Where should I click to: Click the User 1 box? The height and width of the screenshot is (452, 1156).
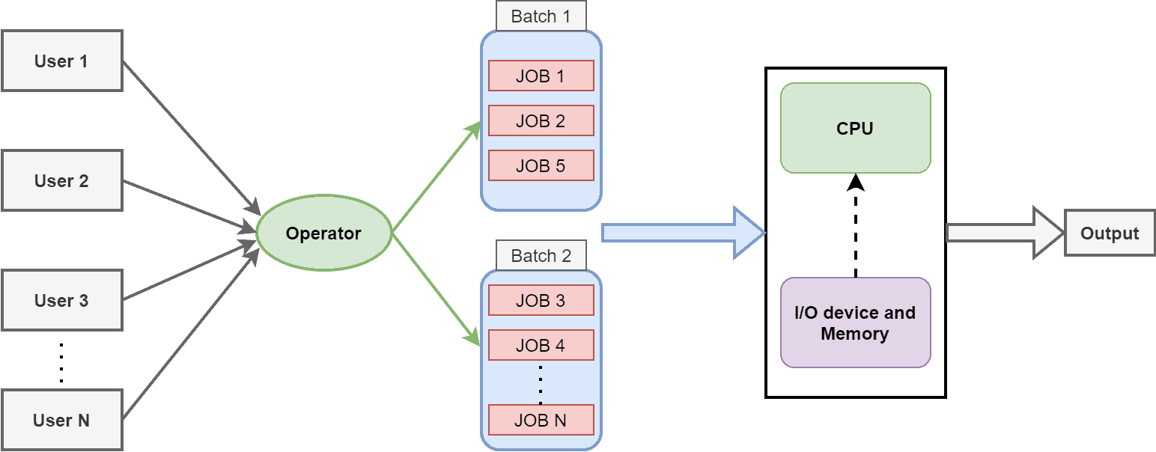[x=61, y=61]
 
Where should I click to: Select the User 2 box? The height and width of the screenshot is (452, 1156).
[x=61, y=180]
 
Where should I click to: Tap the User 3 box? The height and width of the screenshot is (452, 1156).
[x=61, y=300]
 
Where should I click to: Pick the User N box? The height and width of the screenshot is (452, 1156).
[x=61, y=420]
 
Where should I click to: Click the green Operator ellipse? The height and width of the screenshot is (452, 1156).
[x=323, y=233]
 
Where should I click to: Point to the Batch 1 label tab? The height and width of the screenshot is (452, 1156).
[x=541, y=16]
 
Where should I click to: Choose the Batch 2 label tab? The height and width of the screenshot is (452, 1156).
[x=541, y=256]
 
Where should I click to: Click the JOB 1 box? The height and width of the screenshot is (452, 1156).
[x=541, y=76]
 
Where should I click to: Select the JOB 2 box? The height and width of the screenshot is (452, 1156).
[x=541, y=120]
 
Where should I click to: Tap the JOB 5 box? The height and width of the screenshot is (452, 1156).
[x=541, y=165]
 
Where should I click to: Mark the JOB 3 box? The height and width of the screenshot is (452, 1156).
[x=541, y=300]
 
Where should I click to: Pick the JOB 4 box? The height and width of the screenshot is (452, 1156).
[x=541, y=345]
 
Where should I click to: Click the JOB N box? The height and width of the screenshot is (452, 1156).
[x=541, y=420]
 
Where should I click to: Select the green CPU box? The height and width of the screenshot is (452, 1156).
[x=855, y=128]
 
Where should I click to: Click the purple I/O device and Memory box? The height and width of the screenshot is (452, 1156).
[x=855, y=323]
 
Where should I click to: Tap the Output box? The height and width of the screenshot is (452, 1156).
[x=1109, y=233]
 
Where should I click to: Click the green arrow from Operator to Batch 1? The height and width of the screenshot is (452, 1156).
[x=436, y=177]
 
